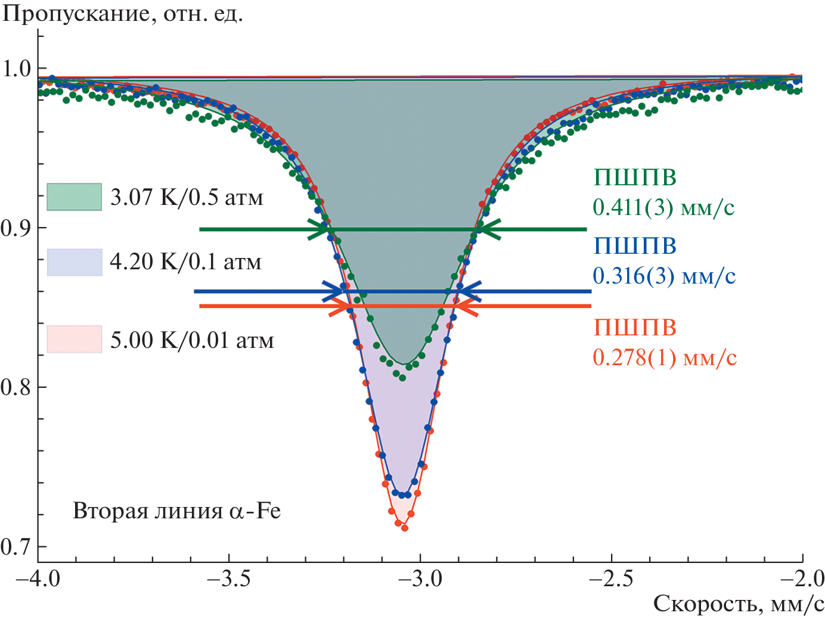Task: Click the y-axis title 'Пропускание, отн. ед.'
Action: pos(123,13)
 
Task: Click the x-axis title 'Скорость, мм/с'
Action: pos(739,604)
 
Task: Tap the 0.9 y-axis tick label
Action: pos(16,228)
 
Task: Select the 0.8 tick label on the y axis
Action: pos(16,387)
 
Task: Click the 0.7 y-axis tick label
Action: pos(16,547)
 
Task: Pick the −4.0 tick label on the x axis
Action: pos(38,578)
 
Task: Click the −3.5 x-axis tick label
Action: pos(229,578)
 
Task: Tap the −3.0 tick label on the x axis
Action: pos(421,578)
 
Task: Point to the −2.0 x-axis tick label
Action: pos(802,578)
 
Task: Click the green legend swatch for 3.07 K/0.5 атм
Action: pos(75,197)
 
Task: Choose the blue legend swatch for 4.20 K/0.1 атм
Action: pos(75,262)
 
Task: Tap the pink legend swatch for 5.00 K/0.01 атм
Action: pos(75,339)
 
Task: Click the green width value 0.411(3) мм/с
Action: pos(663,207)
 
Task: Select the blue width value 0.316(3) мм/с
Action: pos(664,276)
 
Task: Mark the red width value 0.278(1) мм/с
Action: pos(665,357)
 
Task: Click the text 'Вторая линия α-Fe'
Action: pos(176,511)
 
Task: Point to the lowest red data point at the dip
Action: pos(405,528)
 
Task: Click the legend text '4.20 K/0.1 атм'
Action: pos(186,262)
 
